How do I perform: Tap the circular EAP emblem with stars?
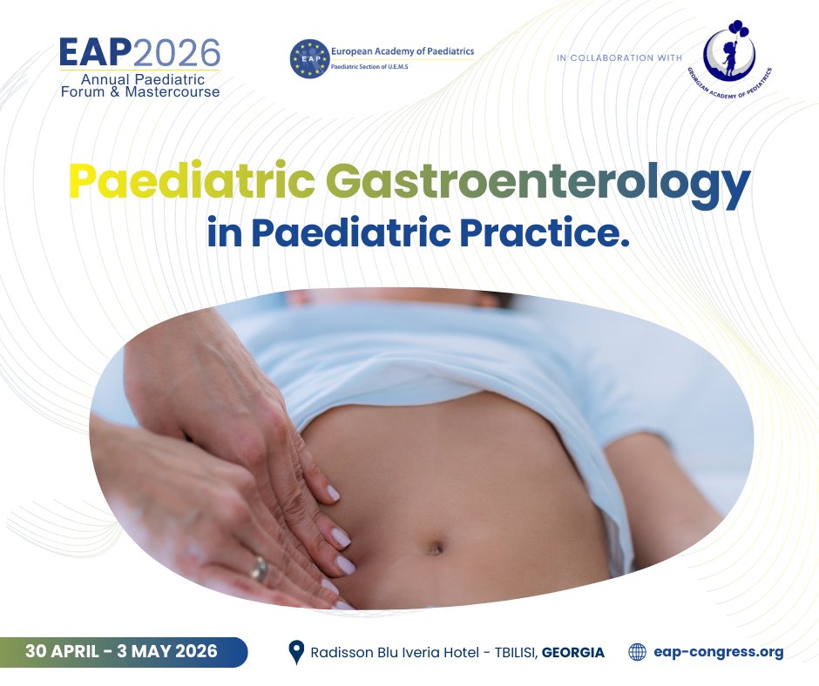308,57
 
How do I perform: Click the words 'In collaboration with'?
617,58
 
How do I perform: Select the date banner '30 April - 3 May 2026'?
122,650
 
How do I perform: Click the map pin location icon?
296,651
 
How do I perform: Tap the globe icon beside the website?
638,651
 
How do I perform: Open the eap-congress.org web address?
718,651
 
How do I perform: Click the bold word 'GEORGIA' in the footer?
572,652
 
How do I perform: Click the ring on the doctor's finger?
259,569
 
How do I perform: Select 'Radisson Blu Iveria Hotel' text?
388,652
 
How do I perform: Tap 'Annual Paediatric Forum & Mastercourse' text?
139,85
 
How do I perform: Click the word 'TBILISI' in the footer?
505,652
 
